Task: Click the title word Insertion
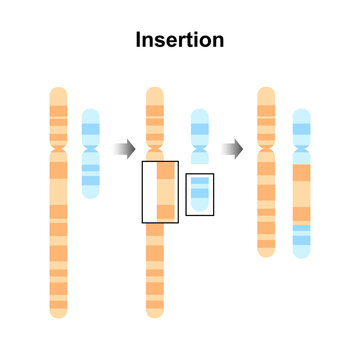coord(180,41)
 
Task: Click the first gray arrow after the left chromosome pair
coord(124,149)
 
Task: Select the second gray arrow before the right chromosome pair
coord(232,149)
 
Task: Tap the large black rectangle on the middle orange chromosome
coord(160,190)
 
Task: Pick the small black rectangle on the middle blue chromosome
coord(200,192)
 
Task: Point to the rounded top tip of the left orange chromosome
coord(59,91)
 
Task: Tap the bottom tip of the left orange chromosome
coord(59,314)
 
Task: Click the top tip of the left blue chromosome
coord(91,111)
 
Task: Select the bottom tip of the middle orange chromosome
coord(155,314)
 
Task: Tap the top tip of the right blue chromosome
coord(302,111)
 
